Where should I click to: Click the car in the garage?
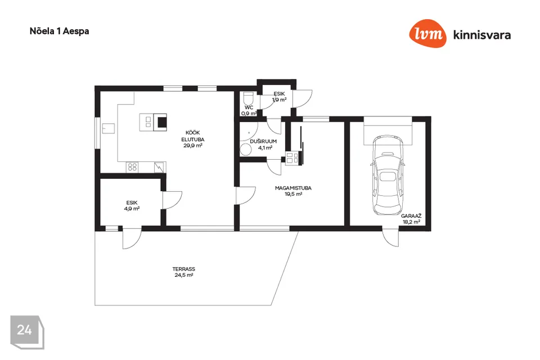pyautogui.click(x=388, y=175)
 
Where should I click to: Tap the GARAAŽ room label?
pyautogui.click(x=411, y=216)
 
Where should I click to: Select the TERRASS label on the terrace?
pyautogui.click(x=184, y=269)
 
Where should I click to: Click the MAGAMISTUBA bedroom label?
pyautogui.click(x=293, y=188)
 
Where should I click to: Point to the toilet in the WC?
pyautogui.click(x=248, y=98)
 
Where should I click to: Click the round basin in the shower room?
pyautogui.click(x=246, y=150)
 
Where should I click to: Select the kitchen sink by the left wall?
pyautogui.click(x=108, y=128)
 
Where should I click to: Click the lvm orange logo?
pyautogui.click(x=427, y=33)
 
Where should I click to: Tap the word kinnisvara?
pyautogui.click(x=482, y=35)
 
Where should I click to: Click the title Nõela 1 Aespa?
pyautogui.click(x=59, y=31)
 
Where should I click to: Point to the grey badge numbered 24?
pyautogui.click(x=27, y=332)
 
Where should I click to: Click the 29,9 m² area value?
pyautogui.click(x=193, y=145)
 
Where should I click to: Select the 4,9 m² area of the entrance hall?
pyautogui.click(x=132, y=209)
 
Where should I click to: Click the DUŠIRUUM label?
pyautogui.click(x=263, y=141)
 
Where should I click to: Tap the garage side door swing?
pyautogui.click(x=391, y=238)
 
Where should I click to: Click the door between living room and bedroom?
pyautogui.click(x=246, y=196)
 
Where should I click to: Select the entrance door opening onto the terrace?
pyautogui.click(x=132, y=238)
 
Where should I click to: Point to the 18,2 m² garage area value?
pyautogui.click(x=411, y=222)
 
